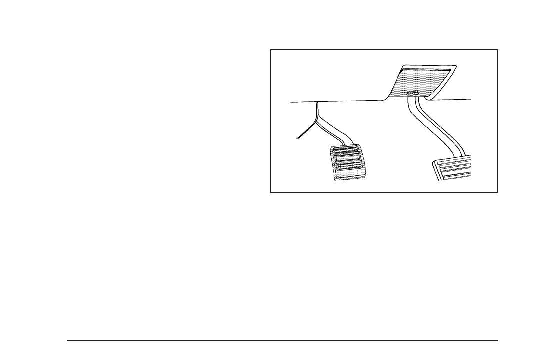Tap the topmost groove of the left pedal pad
(345, 149)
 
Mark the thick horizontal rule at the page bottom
(282, 341)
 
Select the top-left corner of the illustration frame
(271, 49)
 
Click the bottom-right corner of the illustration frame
(498, 192)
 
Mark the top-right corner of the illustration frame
(498, 49)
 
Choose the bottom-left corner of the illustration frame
(271, 192)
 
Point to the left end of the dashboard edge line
(291, 102)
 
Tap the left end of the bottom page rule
(67, 341)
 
